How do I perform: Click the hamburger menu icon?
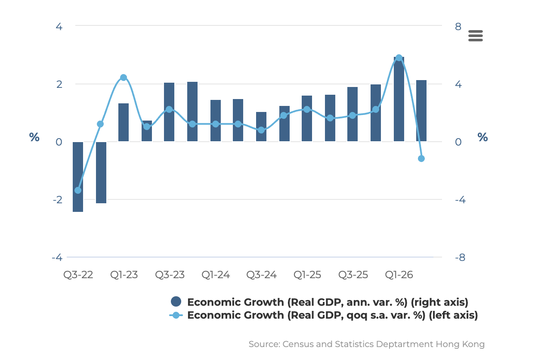point(475,36)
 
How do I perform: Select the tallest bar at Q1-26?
point(399,99)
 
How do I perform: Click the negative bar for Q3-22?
point(78,177)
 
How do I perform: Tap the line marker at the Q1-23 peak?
point(124,78)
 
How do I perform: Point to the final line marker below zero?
point(421,158)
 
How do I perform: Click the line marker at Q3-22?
point(78,190)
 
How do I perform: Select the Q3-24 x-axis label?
point(261,275)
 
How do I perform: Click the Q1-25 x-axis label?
point(307,275)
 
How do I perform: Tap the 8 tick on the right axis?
point(458,26)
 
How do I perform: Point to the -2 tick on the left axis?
point(58,199)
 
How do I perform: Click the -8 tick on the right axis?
point(460,258)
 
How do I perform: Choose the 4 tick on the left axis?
point(59,26)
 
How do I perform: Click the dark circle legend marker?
point(176,301)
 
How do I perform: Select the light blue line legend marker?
point(176,315)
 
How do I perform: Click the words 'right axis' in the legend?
point(439,302)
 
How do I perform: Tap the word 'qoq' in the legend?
point(357,316)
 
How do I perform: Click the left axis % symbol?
point(34,137)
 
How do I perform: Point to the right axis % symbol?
point(482,137)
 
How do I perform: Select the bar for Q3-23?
point(169,112)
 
